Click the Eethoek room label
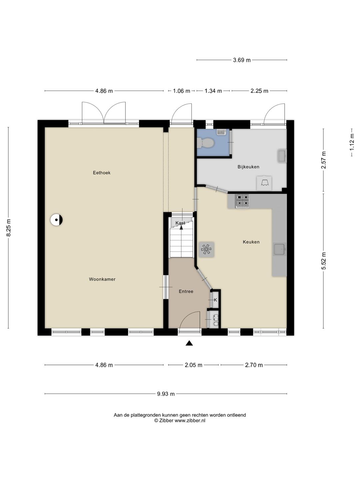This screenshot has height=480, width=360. point(102,173)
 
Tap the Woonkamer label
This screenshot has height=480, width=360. point(102,279)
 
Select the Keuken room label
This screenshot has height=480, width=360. point(251,242)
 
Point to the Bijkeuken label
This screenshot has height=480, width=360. point(249,167)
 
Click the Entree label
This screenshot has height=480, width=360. point(186,291)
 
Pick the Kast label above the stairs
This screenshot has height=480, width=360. point(180,223)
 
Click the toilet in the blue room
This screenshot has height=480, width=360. point(205,143)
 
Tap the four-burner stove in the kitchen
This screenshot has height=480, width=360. point(242,201)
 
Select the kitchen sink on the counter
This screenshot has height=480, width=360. point(280,249)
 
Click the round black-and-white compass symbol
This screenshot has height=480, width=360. point(56,220)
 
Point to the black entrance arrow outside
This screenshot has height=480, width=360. point(189,343)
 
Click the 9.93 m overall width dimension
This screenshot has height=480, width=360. point(166,394)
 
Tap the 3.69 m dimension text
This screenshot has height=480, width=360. point(242,60)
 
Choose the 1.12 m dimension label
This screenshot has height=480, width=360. point(352,142)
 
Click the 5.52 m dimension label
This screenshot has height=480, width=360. point(324,261)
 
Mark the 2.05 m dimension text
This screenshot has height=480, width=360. point(193,365)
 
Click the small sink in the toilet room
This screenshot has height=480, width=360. point(221,132)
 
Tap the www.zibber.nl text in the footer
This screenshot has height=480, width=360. point(190,421)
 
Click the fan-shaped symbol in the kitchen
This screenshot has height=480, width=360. point(206,249)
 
